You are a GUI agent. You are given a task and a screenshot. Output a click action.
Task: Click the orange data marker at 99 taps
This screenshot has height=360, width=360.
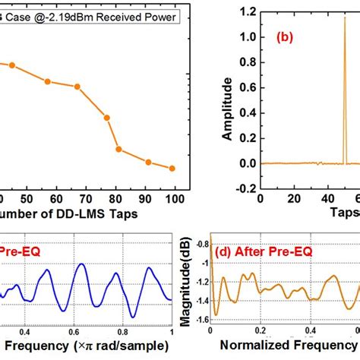coord(172,168)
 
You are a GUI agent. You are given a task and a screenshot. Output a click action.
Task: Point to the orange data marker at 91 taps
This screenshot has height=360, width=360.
coord(149,162)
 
